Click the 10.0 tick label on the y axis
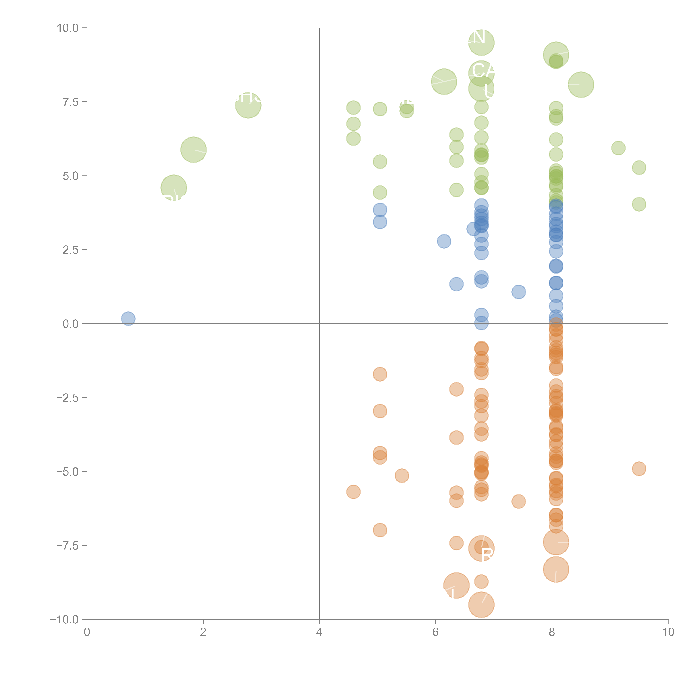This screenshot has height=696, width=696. (68, 28)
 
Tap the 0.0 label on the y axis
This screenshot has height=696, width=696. (71, 324)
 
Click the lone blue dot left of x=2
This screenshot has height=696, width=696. (128, 318)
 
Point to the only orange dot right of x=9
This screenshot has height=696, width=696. (639, 469)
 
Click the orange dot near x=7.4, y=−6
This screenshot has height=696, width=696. (518, 501)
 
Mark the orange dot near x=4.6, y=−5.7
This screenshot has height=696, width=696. (353, 492)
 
